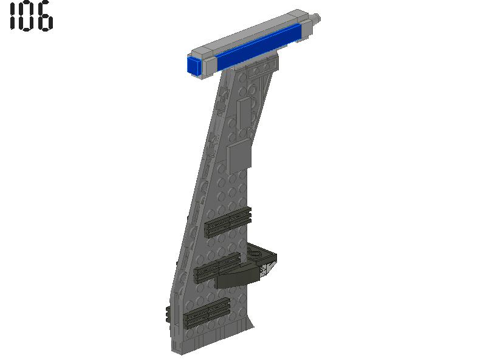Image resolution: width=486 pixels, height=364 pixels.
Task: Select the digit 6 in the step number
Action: (x=46, y=17)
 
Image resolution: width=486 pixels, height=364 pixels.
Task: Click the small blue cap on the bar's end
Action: (x=194, y=66)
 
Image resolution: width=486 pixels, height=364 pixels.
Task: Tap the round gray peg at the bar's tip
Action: (x=317, y=19)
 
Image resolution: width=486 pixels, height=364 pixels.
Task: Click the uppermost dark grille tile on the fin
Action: (x=228, y=222)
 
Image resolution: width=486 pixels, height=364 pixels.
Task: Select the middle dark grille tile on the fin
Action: (x=217, y=268)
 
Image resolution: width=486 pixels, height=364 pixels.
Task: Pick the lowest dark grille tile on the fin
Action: (x=207, y=313)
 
